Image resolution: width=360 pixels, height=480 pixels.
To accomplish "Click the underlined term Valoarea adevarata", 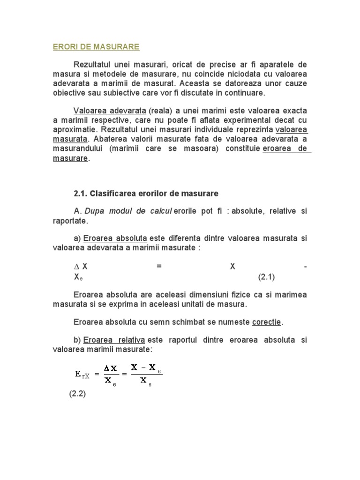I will pos(109,111).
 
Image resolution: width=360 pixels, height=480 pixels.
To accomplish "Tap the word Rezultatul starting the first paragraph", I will pos(97,64).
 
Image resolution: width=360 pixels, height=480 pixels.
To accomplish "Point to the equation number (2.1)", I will pos(266,277).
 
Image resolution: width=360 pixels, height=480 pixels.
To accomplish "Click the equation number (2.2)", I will pos(76,394).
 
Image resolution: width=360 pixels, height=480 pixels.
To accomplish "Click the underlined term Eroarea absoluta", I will pos(115,238).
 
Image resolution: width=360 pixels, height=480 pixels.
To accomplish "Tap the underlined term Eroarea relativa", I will pos(113,340).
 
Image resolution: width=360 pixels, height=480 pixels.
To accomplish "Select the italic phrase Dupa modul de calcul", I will pos(128,211).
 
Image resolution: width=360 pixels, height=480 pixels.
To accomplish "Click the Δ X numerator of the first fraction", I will pos(111,368).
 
